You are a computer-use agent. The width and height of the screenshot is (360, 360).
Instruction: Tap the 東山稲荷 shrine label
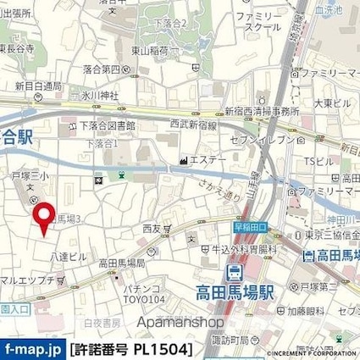[149, 51]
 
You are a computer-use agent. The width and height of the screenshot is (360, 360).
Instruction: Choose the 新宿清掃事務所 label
[262, 112]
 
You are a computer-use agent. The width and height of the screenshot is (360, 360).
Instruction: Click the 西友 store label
[152, 229]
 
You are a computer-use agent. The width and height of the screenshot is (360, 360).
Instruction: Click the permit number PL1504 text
[131, 349]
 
